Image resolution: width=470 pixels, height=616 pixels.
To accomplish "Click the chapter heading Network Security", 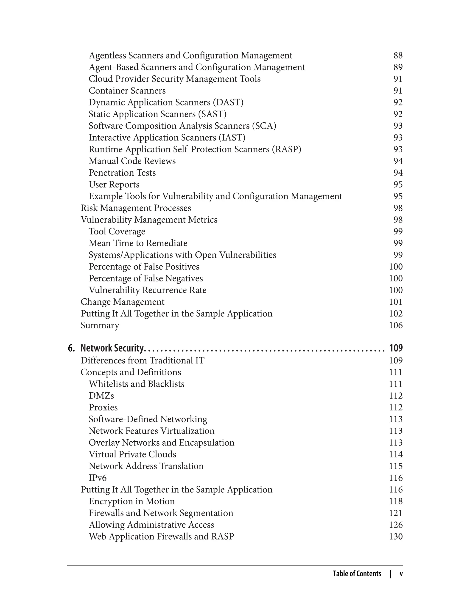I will (112, 348).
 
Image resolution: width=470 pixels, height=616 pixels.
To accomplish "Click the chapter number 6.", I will (71, 348).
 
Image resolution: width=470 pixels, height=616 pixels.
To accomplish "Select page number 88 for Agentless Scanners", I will (398, 56).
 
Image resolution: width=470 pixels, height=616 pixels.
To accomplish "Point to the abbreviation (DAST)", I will (228, 102).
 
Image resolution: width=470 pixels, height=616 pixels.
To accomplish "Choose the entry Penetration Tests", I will (122, 173).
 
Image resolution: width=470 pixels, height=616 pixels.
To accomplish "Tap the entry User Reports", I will (114, 185).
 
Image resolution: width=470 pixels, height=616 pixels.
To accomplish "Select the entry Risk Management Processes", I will (136, 208).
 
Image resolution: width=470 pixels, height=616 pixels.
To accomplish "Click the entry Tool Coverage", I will (117, 232).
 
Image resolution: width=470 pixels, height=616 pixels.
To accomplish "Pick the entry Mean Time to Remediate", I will (138, 243).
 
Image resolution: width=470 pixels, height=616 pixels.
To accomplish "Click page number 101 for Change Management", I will (396, 302).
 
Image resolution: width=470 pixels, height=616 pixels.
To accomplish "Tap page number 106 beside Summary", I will (396, 325).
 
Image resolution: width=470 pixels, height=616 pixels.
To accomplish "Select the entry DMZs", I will (101, 396).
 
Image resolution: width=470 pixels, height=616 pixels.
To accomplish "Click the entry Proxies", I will (103, 408).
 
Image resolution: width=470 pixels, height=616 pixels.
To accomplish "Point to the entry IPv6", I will (98, 478).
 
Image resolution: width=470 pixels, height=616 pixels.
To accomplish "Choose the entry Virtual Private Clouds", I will (132, 454).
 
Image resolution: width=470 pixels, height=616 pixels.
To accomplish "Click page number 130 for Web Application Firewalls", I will (396, 537).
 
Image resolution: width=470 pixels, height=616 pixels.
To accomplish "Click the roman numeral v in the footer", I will (401, 574).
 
